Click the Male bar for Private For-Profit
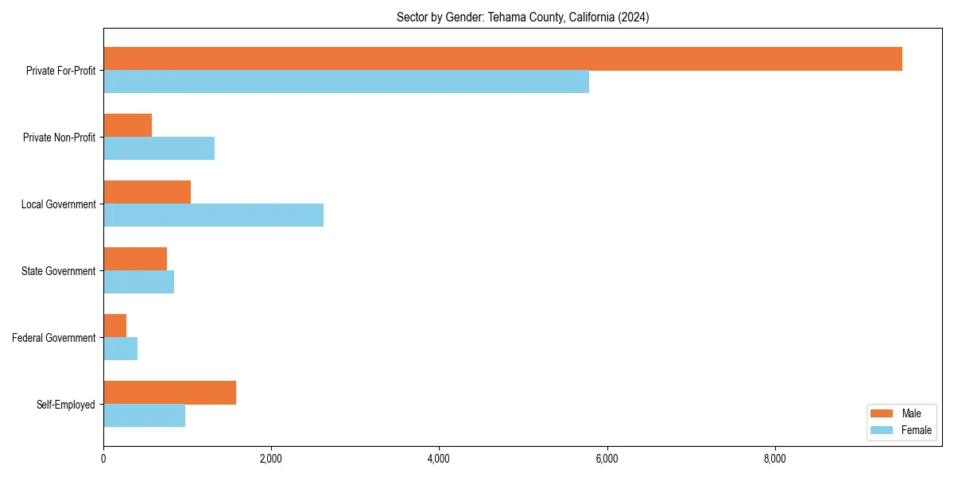502,59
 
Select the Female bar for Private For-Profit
346,82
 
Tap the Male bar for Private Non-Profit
127,126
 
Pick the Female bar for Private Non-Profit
159,149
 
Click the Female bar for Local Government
213,215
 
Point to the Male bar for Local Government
147,192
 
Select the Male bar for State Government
135,259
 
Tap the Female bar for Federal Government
120,349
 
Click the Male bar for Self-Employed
169,393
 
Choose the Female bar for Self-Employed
144,416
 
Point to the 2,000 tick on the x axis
271,459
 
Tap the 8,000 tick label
774,459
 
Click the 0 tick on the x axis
103,459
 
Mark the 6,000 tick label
607,459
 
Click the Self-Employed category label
65,405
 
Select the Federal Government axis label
53,338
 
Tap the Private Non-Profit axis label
59,138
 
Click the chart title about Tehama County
522,17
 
